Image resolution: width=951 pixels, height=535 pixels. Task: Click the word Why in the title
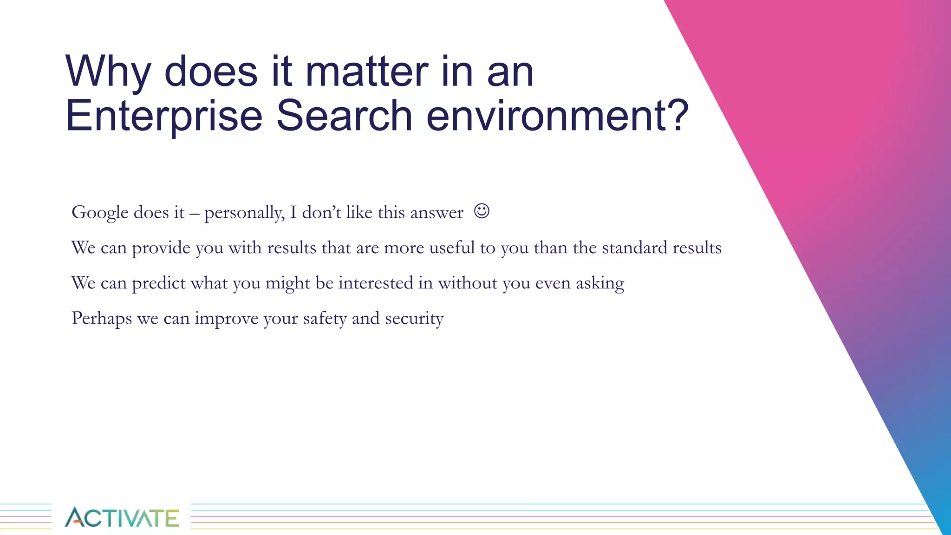[x=108, y=72]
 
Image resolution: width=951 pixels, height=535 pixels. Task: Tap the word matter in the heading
[x=367, y=72]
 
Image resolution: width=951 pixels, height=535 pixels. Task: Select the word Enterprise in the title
[x=164, y=116]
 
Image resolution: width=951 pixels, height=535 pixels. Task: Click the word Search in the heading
[x=344, y=116]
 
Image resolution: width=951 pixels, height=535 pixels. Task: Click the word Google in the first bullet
[x=100, y=213]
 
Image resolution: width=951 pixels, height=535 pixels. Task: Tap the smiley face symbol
[x=482, y=211]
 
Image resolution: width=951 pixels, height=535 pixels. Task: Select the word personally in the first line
[x=244, y=213]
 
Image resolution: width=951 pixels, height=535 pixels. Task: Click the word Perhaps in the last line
[x=102, y=319]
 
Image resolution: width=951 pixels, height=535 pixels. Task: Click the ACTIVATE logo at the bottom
[x=122, y=517]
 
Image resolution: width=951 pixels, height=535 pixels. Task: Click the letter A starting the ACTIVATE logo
[x=74, y=517]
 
